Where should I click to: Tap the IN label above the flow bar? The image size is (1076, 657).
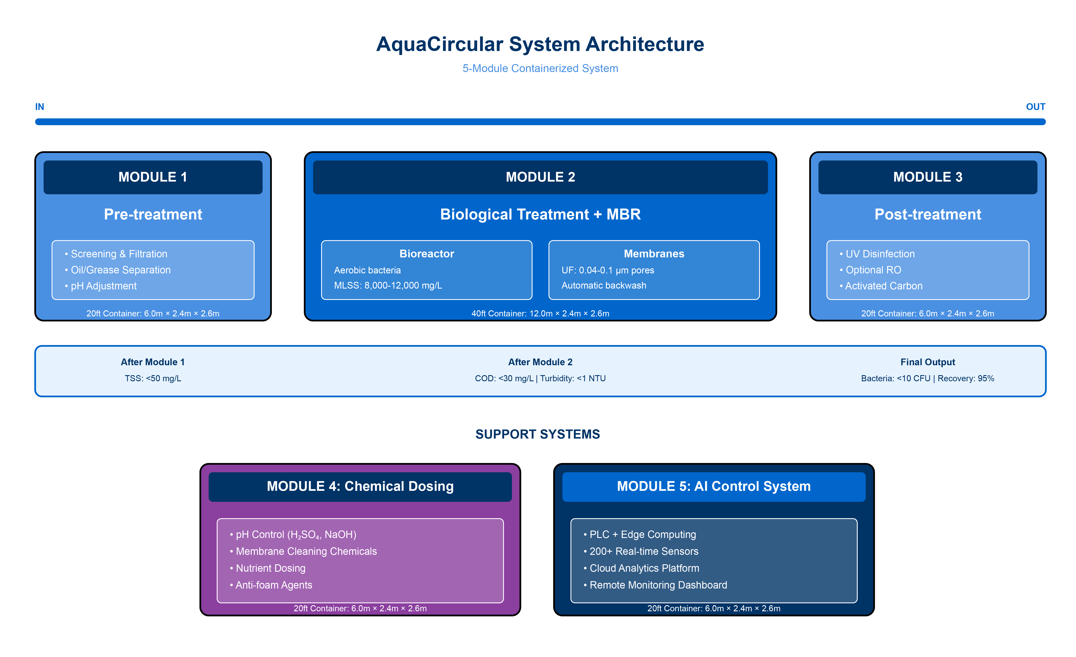pyautogui.click(x=39, y=107)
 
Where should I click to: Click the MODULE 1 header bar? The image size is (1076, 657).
pyautogui.click(x=153, y=177)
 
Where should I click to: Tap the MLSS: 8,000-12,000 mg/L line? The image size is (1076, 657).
pyautogui.click(x=388, y=286)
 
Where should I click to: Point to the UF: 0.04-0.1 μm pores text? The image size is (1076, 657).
pyautogui.click(x=607, y=270)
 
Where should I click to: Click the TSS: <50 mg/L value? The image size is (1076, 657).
pyautogui.click(x=153, y=378)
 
